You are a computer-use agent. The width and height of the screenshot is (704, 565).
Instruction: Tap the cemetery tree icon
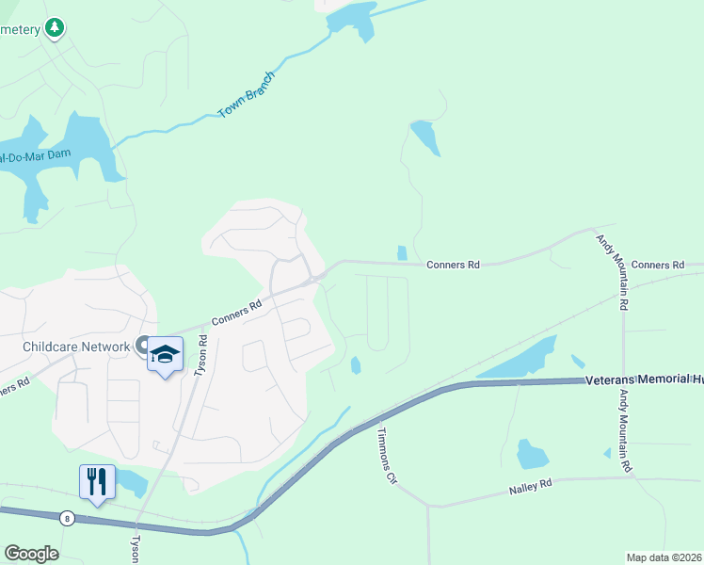(56, 28)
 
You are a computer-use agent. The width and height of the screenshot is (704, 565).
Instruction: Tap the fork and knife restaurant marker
(98, 482)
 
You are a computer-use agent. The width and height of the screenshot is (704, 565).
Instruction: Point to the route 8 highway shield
(66, 518)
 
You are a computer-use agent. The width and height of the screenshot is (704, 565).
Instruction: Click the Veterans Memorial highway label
(644, 380)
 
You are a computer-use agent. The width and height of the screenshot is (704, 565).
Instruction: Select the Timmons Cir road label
(387, 455)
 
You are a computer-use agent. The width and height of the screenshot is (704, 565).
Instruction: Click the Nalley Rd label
(529, 489)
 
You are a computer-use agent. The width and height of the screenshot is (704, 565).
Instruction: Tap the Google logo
(31, 553)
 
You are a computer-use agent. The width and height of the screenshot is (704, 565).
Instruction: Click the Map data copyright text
(663, 557)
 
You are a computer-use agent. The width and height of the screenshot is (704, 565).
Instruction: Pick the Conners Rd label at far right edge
(658, 266)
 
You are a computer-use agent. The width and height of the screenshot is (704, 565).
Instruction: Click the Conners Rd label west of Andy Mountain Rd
(454, 266)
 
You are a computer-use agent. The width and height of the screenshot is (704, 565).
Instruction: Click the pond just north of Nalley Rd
(532, 454)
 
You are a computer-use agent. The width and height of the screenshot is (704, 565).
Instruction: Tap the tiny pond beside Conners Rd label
(402, 252)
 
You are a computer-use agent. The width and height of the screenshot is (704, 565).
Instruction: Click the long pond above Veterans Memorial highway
(515, 361)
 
